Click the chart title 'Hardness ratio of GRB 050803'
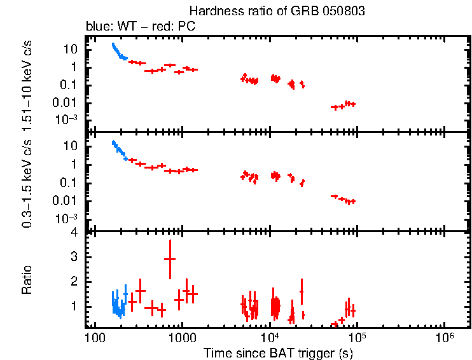pos(277,11)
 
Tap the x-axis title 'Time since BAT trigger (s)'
pos(277,352)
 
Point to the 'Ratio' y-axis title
pos(27,280)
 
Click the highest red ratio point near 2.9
pos(170,259)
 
